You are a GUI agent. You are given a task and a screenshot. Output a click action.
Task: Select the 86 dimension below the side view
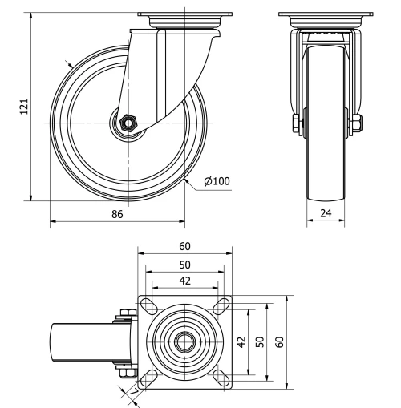(x=117, y=214)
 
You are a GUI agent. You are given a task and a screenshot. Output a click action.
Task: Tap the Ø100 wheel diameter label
(x=217, y=181)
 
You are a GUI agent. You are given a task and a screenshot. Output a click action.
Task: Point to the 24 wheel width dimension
(x=326, y=214)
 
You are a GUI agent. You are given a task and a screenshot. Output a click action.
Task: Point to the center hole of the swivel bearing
(x=184, y=341)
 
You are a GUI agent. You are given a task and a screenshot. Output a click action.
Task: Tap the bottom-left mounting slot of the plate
(x=150, y=374)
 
